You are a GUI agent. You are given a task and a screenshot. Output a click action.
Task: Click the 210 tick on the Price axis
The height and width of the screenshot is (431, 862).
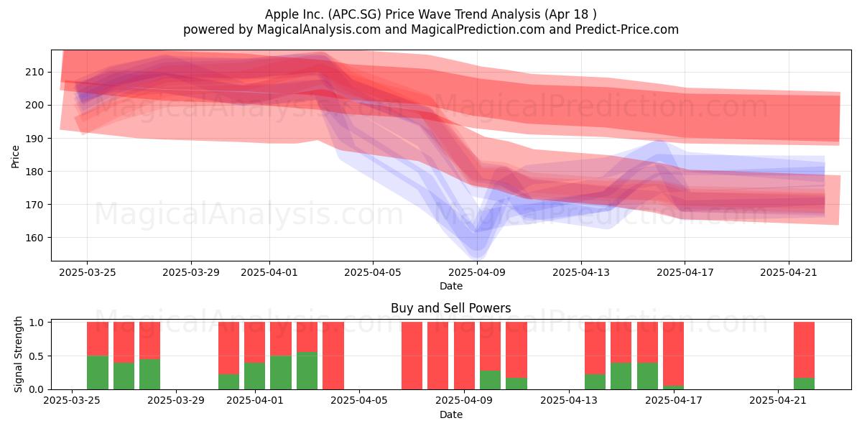click(34, 72)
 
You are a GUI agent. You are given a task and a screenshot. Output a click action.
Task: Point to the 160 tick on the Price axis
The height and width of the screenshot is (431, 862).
click(34, 238)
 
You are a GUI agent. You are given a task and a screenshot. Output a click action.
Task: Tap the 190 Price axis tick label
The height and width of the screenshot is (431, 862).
click(34, 139)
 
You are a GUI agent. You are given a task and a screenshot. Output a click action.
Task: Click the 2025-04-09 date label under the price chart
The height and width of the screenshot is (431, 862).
click(477, 272)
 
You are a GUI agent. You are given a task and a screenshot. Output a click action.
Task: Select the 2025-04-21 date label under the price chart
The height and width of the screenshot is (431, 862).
click(789, 272)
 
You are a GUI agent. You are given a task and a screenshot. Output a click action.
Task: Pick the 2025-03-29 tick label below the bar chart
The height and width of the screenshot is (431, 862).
click(176, 400)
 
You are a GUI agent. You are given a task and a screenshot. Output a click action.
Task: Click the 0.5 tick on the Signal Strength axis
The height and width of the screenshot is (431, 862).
click(37, 356)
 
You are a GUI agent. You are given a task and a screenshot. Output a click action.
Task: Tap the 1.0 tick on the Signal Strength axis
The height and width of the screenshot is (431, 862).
click(37, 322)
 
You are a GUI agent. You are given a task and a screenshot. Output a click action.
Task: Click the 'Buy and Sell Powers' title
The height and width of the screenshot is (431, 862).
click(451, 308)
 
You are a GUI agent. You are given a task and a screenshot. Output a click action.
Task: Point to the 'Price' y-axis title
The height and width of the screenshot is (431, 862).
click(15, 157)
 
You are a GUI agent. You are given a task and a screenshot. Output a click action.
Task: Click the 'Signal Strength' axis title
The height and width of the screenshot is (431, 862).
click(18, 354)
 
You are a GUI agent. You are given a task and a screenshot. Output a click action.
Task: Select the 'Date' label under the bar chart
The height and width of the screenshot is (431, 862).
click(451, 414)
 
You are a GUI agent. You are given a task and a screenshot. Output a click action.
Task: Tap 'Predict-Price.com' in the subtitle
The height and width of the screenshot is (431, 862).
click(627, 29)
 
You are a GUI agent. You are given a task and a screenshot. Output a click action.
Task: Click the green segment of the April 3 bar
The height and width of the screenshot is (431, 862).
click(307, 371)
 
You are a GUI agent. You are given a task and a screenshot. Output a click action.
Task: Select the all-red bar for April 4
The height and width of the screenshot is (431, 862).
click(333, 356)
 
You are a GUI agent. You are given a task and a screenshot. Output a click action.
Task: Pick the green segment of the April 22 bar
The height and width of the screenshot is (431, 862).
click(805, 384)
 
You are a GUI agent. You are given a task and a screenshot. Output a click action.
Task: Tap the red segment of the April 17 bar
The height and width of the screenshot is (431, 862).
click(674, 353)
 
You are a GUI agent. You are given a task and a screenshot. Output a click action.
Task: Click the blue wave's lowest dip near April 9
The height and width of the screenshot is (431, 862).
click(477, 259)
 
